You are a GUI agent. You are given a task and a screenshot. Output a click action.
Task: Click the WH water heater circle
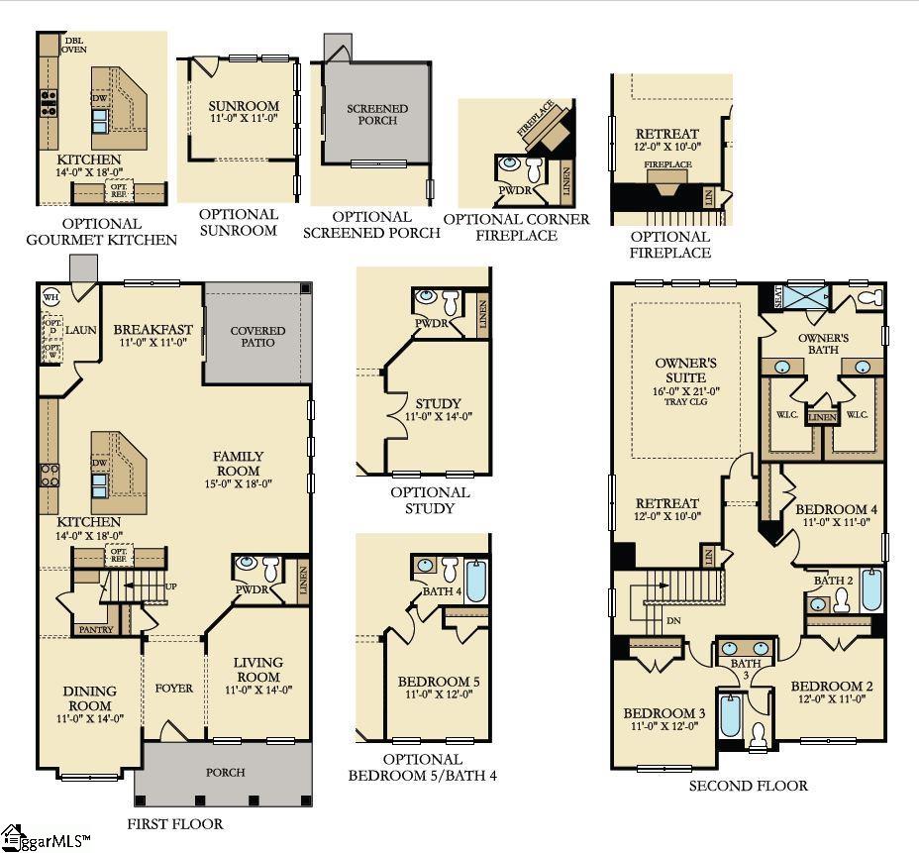tap(51, 296)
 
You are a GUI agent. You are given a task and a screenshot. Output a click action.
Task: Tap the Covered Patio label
tap(257, 337)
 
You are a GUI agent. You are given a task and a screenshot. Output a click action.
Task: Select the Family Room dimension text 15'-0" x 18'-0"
tap(238, 484)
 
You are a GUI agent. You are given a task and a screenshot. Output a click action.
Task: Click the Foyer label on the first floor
tap(173, 688)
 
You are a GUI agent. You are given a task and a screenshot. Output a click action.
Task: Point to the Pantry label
tap(96, 629)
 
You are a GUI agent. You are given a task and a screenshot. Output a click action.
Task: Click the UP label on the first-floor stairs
tap(170, 586)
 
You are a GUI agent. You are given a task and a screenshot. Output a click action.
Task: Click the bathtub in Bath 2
tap(870, 590)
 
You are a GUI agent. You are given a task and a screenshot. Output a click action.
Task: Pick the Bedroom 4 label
tap(836, 510)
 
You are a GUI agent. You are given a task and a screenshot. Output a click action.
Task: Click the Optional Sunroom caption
tap(238, 222)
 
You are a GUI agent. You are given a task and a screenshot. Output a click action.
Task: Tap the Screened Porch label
tap(376, 114)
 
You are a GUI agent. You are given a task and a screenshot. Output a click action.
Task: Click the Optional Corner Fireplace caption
tap(516, 227)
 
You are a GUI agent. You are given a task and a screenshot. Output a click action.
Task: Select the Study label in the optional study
tap(438, 403)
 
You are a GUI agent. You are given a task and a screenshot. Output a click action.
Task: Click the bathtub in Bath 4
tap(476, 581)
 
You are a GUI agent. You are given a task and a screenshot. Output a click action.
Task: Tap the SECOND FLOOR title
tap(748, 786)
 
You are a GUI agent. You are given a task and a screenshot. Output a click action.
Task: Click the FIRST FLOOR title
tap(175, 824)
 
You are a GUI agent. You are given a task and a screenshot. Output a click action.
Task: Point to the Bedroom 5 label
tap(439, 682)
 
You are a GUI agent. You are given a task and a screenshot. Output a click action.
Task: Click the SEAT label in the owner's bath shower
tap(776, 298)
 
